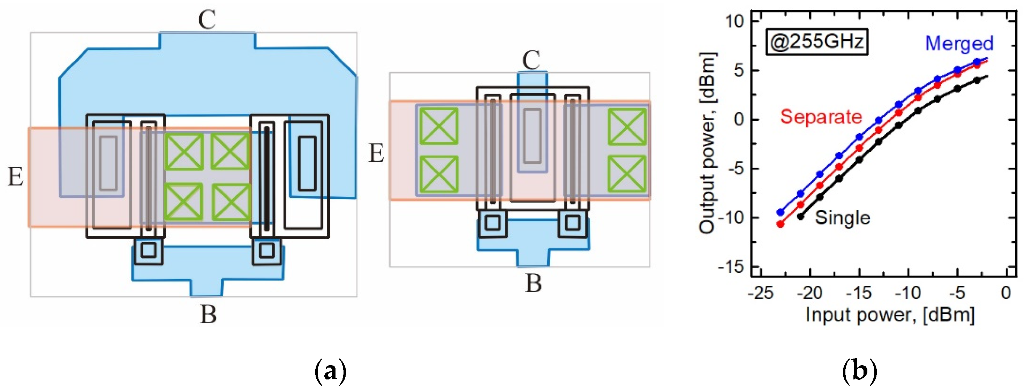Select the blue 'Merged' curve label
coord(959,43)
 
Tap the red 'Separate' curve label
coord(821,116)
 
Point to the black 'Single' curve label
coord(842,218)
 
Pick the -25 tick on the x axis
coord(760,293)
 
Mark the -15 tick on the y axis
coord(731,267)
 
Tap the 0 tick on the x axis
coord(1006,293)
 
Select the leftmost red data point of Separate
coord(780,224)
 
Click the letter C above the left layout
coord(207,19)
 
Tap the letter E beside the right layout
coord(376,153)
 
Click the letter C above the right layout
coord(531,60)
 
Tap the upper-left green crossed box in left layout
coord(184,151)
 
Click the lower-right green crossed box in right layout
coord(627,174)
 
